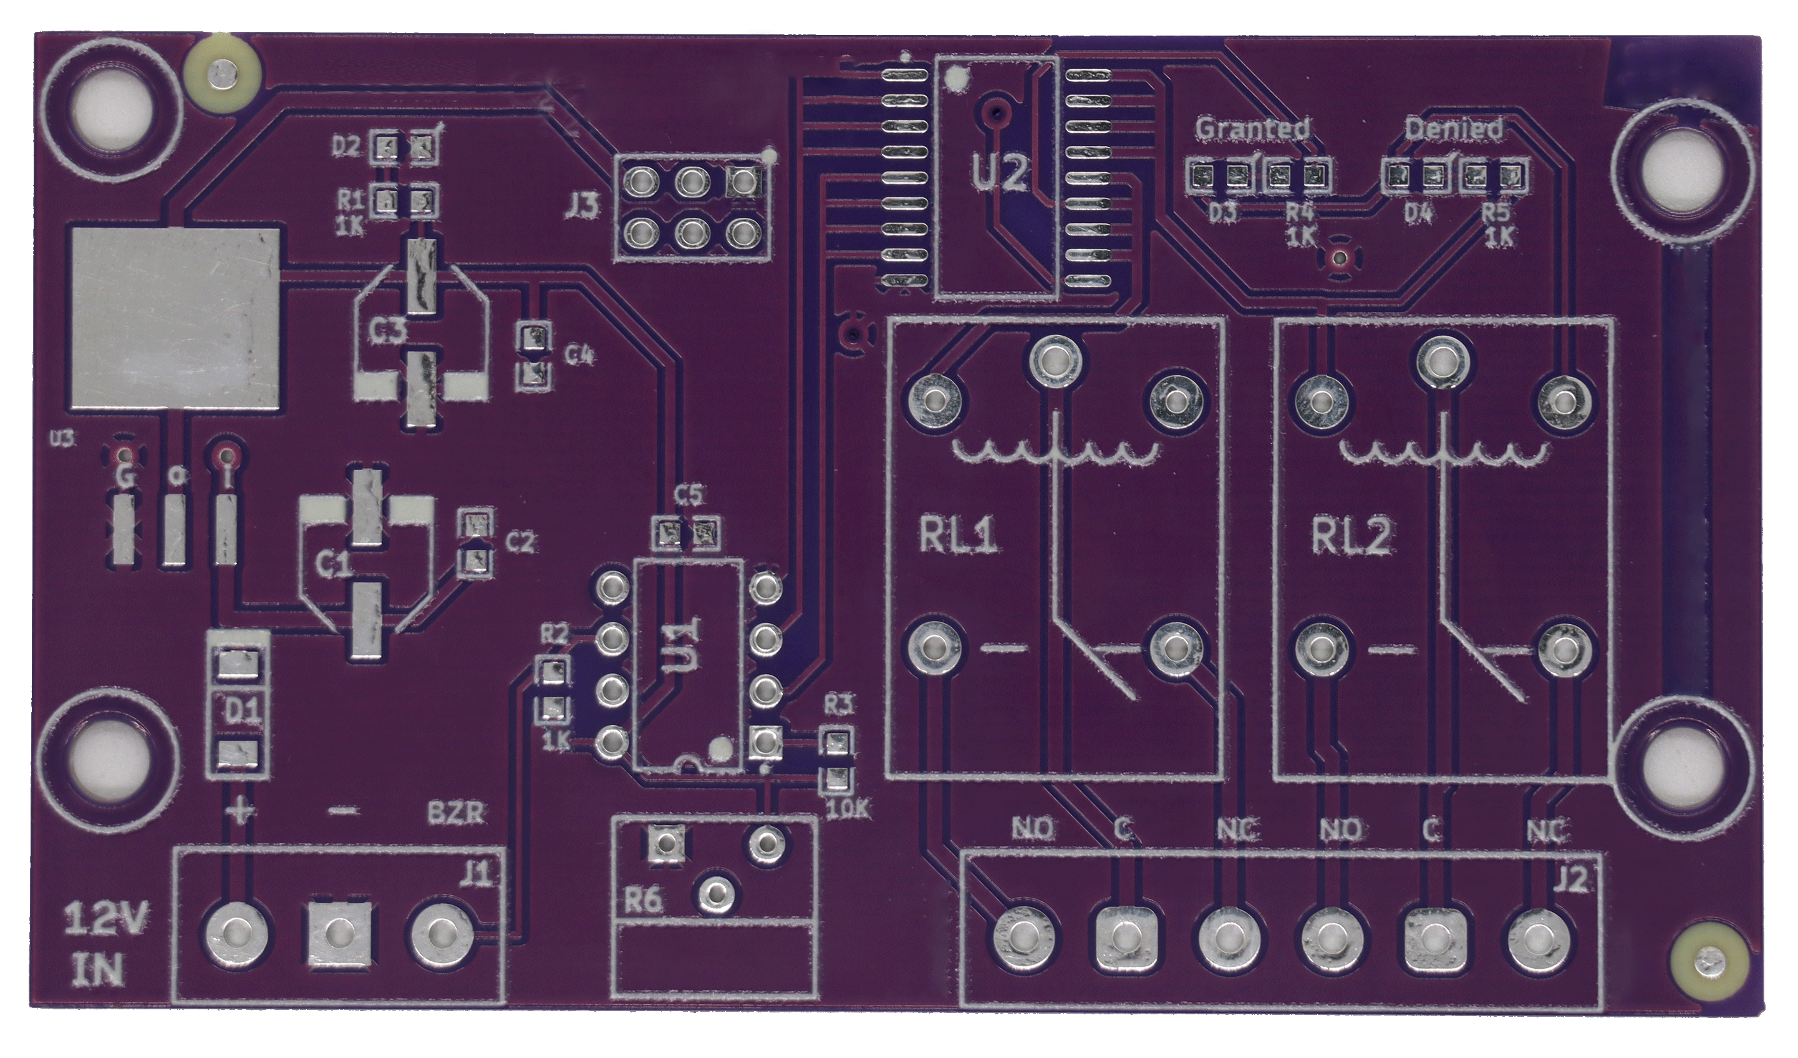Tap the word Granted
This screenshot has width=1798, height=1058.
(x=1252, y=129)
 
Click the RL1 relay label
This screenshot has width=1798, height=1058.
(x=957, y=537)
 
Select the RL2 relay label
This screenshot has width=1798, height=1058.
(x=1351, y=537)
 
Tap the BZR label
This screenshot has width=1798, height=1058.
(x=457, y=813)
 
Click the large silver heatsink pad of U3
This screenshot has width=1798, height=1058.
(x=175, y=318)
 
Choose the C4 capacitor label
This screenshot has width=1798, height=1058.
(x=579, y=355)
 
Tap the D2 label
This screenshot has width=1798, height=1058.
(x=347, y=148)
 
